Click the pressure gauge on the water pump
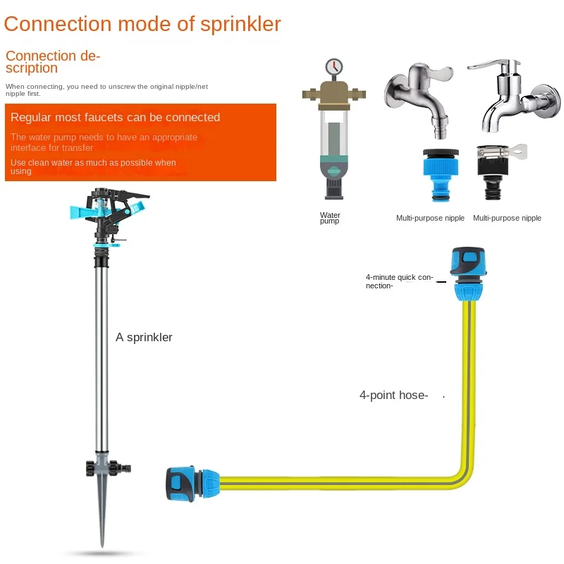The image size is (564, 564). [333, 67]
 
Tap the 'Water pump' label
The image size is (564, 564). [330, 218]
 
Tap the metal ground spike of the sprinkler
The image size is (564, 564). [102, 515]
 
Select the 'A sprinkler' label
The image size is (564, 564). [144, 337]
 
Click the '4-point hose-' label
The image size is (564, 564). [393, 396]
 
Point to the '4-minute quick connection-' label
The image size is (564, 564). [399, 281]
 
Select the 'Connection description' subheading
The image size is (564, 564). [53, 61]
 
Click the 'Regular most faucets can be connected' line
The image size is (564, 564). [115, 117]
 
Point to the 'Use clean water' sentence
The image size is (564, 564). [93, 166]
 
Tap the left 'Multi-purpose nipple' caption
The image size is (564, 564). [430, 218]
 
